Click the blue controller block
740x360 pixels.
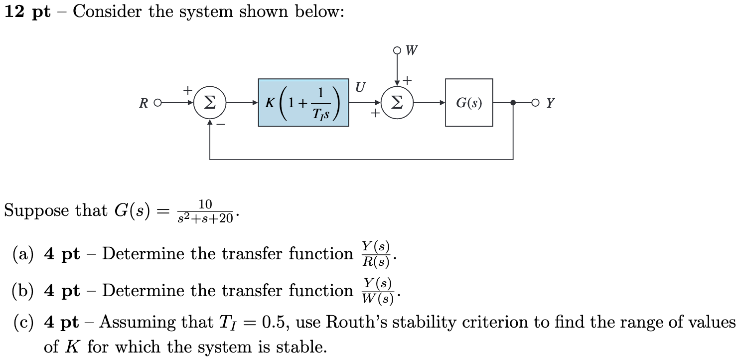(x=303, y=103)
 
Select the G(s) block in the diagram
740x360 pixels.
(x=468, y=103)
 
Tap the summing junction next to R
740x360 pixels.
(x=210, y=103)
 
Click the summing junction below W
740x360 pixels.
(x=397, y=103)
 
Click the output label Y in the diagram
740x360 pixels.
(x=550, y=103)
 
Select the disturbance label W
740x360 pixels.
(x=412, y=50)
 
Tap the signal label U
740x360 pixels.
(x=360, y=87)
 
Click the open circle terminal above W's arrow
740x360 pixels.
(x=397, y=50)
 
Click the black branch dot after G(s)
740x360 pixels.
(x=513, y=103)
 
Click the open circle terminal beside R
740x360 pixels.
(x=157, y=103)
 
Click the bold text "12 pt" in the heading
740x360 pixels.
(x=28, y=12)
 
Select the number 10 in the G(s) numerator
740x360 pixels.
(x=205, y=204)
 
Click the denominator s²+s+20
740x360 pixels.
(x=205, y=218)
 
